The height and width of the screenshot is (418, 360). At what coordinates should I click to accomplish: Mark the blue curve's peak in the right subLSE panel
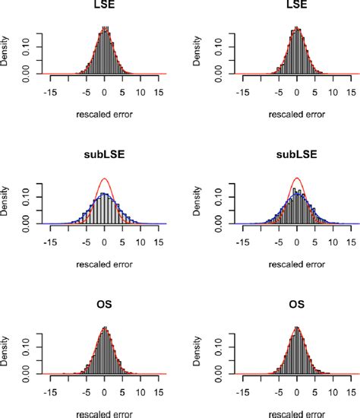coord(297,194)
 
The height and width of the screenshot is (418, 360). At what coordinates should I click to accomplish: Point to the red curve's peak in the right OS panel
coord(297,328)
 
